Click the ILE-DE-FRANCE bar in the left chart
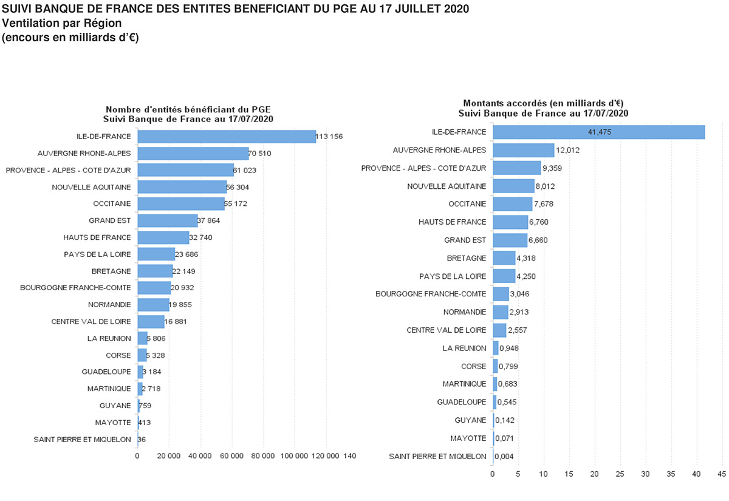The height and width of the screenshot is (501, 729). (227, 137)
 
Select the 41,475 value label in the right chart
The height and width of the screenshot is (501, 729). (599, 132)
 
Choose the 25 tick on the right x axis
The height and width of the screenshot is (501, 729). (620, 474)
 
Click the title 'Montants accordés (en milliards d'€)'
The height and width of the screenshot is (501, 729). (543, 104)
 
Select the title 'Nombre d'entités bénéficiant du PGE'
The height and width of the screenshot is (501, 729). (188, 109)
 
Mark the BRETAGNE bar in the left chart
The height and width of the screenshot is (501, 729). (155, 271)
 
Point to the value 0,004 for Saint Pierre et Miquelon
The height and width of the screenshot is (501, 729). (504, 456)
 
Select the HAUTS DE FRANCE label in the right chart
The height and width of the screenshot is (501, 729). (453, 222)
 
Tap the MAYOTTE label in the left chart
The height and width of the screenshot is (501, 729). (112, 422)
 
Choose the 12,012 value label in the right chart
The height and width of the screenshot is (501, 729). (567, 150)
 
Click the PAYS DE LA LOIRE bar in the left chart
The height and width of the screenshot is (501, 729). (156, 254)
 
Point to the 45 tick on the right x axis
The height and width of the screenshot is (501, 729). (721, 474)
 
